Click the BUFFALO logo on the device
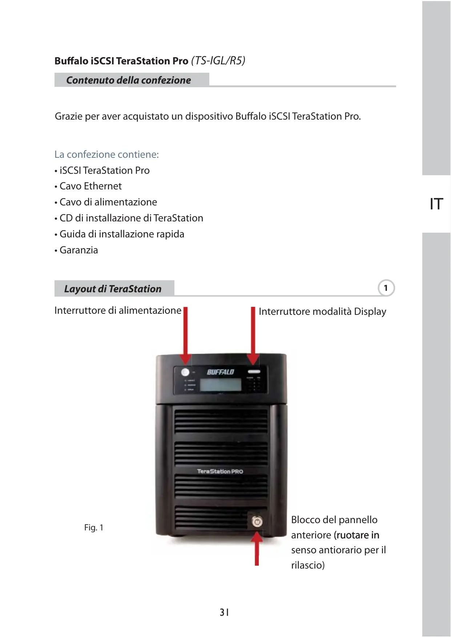(x=220, y=372)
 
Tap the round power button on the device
(x=185, y=372)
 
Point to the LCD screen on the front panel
(x=221, y=385)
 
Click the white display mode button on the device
(x=254, y=372)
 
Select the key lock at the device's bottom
(x=257, y=522)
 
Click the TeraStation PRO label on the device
(x=220, y=471)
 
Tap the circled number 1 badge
(x=386, y=288)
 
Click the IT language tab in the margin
(x=436, y=204)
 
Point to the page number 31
(x=224, y=613)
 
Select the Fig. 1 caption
(x=94, y=527)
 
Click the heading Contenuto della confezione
(x=128, y=80)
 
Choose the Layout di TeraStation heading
(x=113, y=289)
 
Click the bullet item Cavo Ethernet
(x=90, y=186)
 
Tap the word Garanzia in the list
(x=78, y=250)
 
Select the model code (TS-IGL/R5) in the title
(x=218, y=60)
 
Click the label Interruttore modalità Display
(x=322, y=312)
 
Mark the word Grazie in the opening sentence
(x=69, y=116)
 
